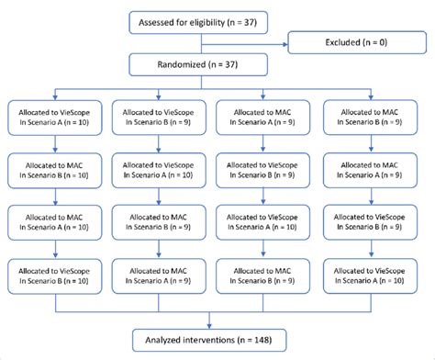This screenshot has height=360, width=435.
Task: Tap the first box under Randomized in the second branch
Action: tap(163, 116)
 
